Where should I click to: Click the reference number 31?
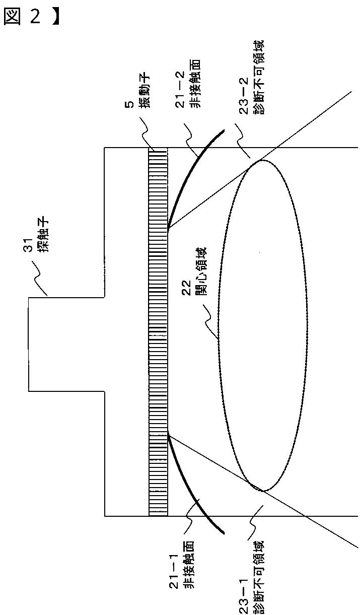pyautogui.click(x=30, y=247)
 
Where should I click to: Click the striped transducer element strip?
pyautogui.click(x=158, y=332)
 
